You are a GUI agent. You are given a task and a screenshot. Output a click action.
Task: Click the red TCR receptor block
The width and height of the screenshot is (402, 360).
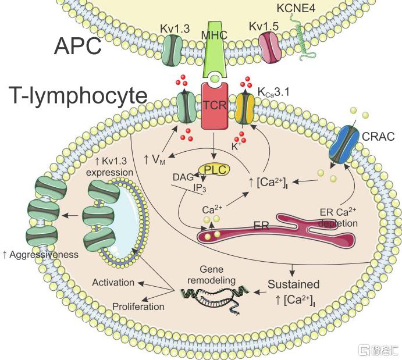pyautogui.click(x=215, y=106)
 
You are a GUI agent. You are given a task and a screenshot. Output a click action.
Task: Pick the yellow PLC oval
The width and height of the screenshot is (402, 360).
pyautogui.click(x=214, y=169)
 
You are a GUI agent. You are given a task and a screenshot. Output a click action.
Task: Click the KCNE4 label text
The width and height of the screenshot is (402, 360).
pyautogui.click(x=296, y=8)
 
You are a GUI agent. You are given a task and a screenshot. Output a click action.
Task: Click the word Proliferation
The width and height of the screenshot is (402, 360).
pyautogui.click(x=138, y=306)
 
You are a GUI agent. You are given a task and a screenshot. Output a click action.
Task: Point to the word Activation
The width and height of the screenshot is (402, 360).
pyautogui.click(x=113, y=283)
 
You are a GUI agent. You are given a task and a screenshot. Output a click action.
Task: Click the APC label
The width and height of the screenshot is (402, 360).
pyautogui.click(x=78, y=46)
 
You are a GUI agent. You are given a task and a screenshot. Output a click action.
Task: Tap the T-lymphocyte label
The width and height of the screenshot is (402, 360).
pyautogui.click(x=78, y=95)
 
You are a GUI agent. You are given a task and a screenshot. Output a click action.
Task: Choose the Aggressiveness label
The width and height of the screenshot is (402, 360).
pyautogui.click(x=40, y=254)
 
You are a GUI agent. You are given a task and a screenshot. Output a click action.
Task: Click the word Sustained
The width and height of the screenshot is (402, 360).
pyautogui.click(x=294, y=284)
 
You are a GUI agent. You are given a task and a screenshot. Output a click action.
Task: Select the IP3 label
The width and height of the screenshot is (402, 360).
pyautogui.click(x=200, y=188)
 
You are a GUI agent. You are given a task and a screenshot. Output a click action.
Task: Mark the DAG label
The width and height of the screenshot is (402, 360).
pyautogui.click(x=183, y=177)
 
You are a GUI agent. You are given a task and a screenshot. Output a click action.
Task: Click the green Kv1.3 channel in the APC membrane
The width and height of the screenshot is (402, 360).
pyautogui.click(x=172, y=50)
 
